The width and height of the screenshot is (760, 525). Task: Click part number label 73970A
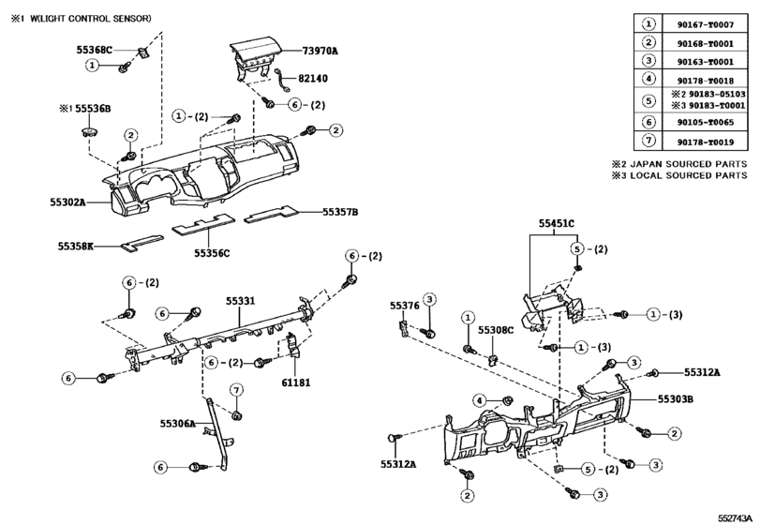coord(320,51)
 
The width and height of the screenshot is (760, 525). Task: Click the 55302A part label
coord(68,202)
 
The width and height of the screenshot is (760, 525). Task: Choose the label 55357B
coord(341,212)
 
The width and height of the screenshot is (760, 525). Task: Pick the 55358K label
coord(76,247)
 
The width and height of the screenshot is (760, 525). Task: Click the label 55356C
coord(212,253)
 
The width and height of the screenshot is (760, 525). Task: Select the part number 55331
coord(239,301)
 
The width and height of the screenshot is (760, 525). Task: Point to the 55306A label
coord(177,424)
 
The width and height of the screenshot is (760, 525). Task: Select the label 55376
coord(404,306)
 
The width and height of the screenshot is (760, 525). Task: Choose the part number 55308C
coord(496,331)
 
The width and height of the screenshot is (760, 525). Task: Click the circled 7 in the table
coord(648,142)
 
